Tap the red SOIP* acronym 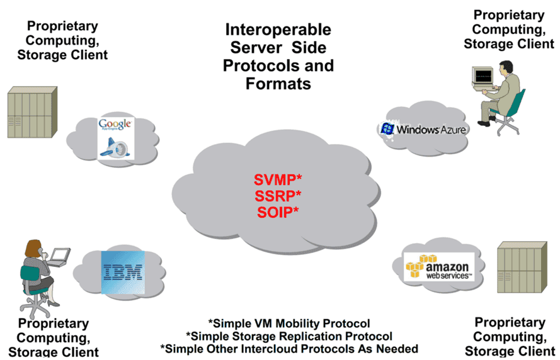(278, 211)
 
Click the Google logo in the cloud (115, 123)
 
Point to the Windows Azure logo (422, 130)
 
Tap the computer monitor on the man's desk (481, 76)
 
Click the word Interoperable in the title (278, 30)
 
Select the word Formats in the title (278, 83)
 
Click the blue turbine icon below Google (115, 146)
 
